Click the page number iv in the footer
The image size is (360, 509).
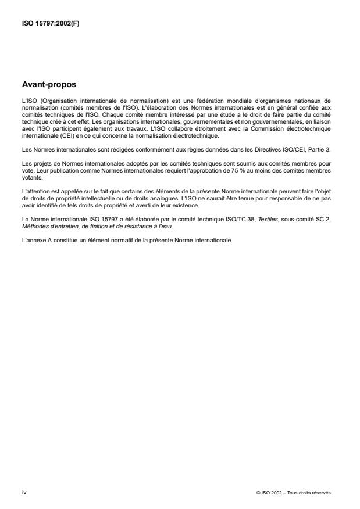23,492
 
